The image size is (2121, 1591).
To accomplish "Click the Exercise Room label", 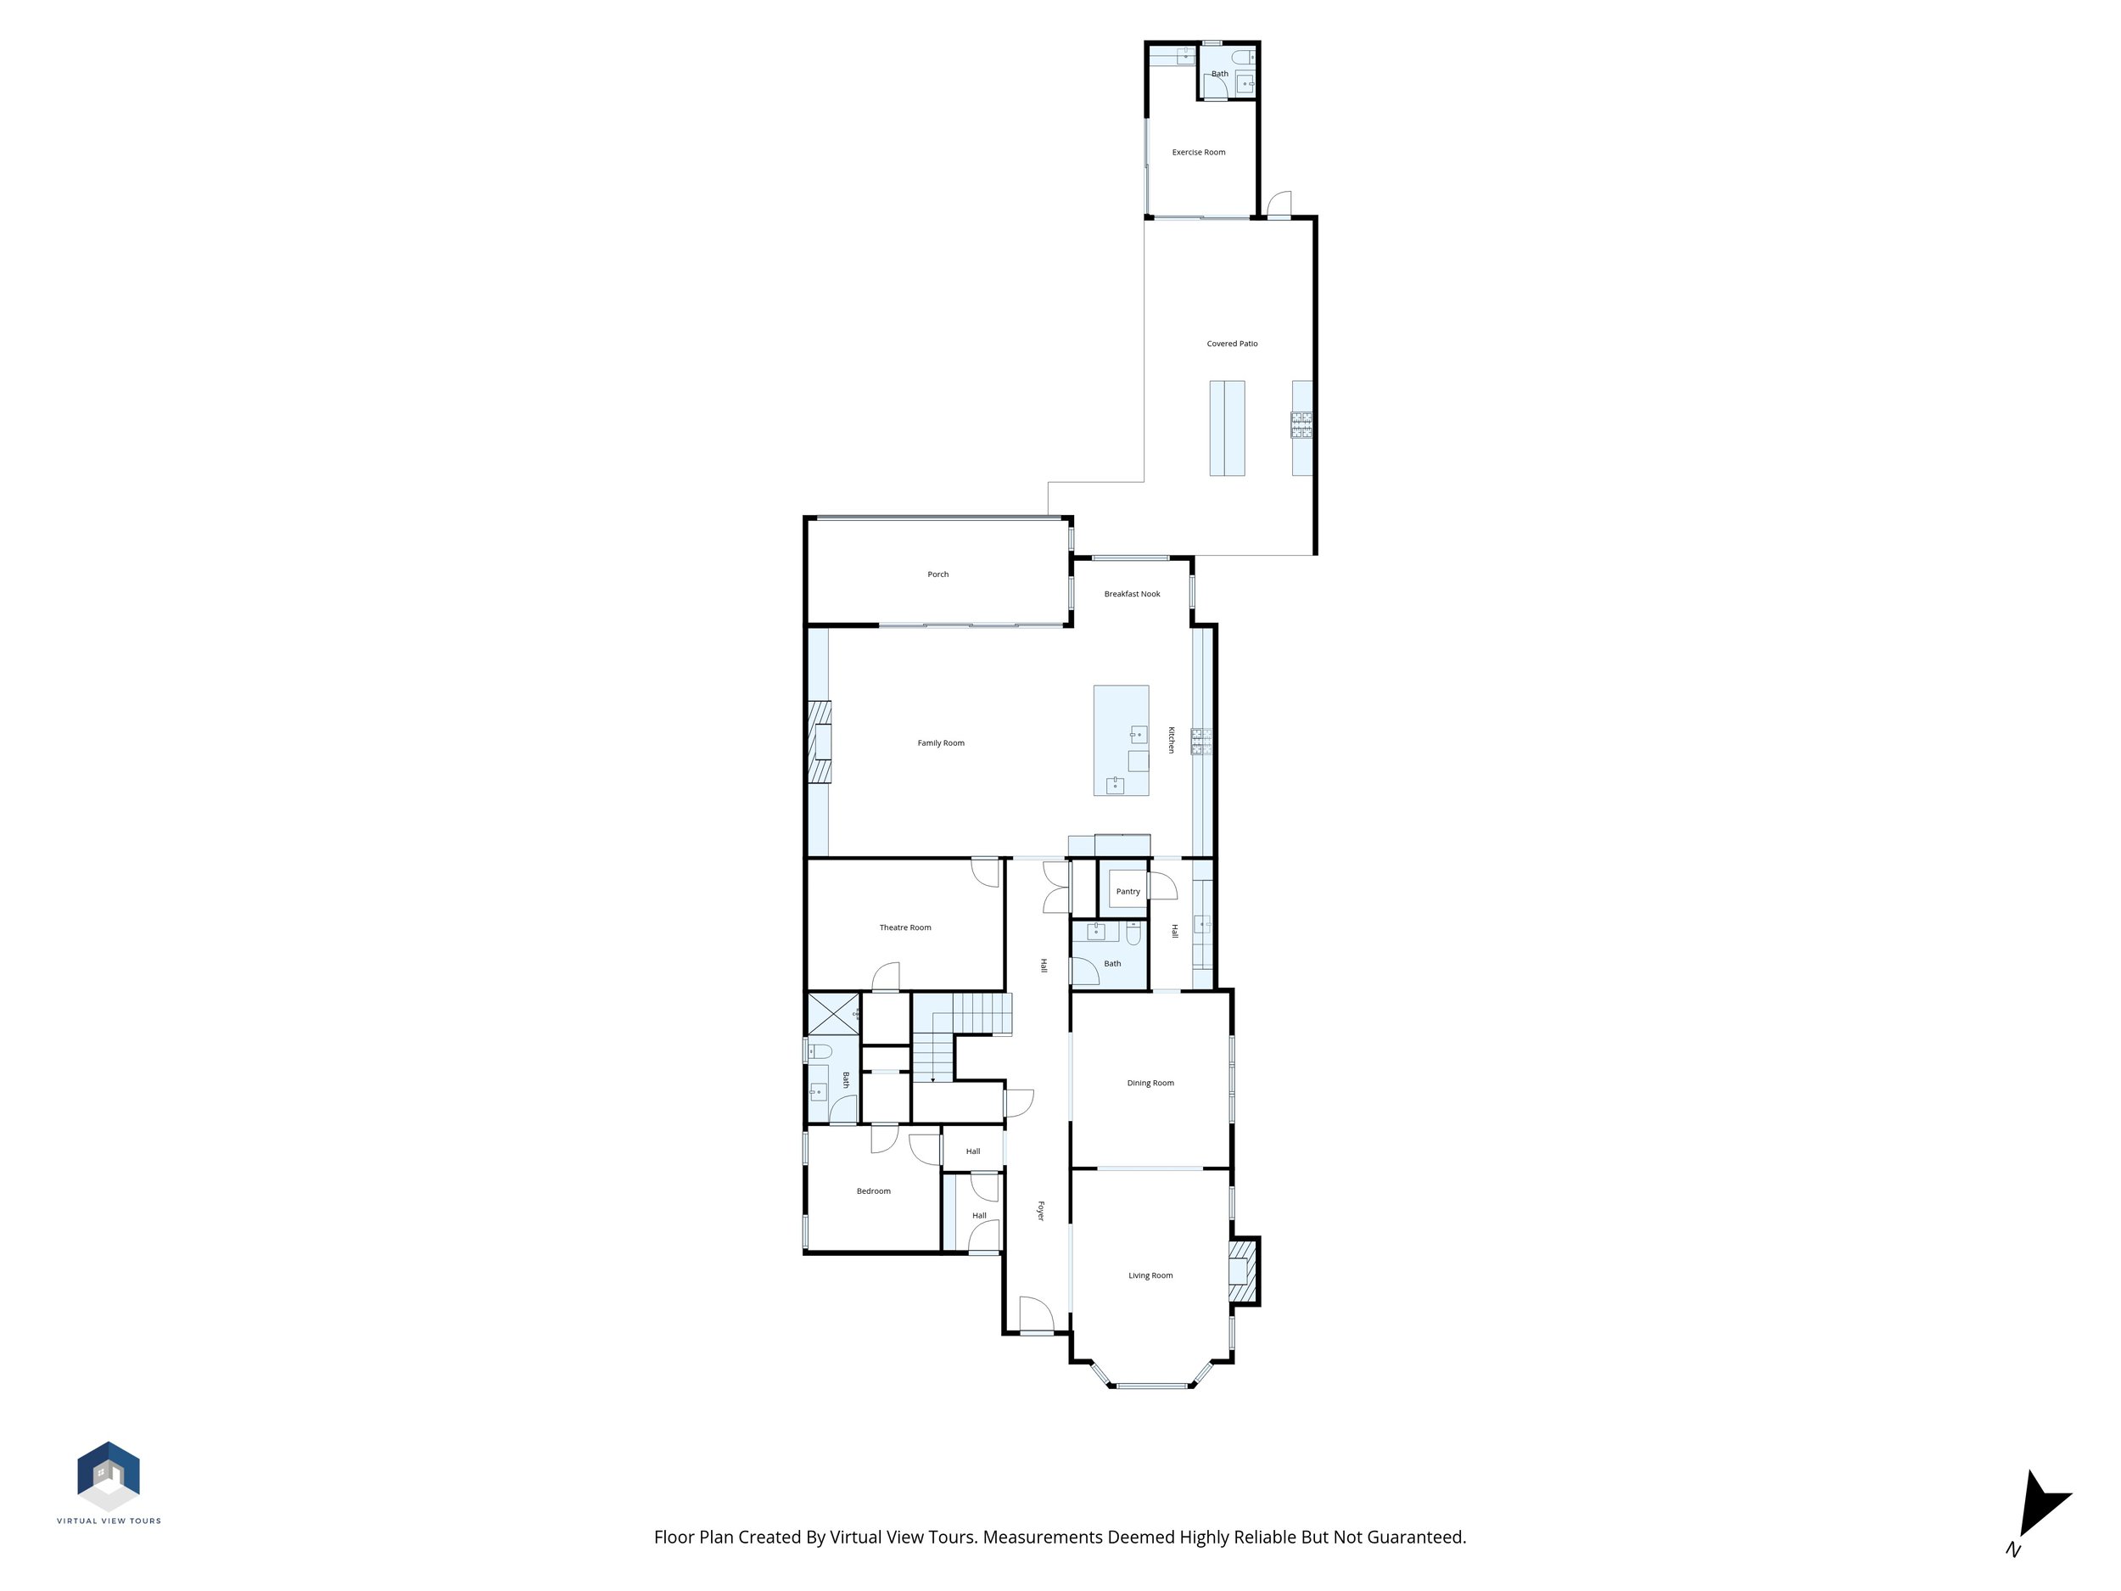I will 1198,153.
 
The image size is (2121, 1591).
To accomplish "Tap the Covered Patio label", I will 1231,344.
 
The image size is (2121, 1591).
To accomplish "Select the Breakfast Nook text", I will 1132,595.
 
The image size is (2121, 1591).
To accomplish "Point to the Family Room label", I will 940,743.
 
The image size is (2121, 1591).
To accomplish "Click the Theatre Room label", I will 904,927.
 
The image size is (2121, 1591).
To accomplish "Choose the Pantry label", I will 1128,892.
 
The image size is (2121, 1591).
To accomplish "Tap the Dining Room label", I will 1150,1083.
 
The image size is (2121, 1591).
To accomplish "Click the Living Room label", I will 1150,1275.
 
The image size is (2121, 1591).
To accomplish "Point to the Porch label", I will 937,574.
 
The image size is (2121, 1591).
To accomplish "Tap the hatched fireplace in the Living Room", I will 1243,1272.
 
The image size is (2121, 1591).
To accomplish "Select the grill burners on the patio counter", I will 1301,425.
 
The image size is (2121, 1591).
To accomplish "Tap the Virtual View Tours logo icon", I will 109,1475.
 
